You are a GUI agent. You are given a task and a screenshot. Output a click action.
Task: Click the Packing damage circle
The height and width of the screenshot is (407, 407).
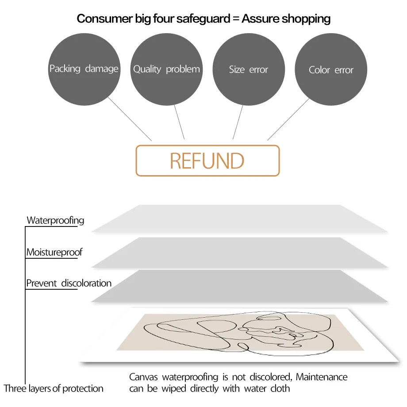84,69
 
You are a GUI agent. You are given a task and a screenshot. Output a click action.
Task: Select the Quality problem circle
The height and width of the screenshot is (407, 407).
166,69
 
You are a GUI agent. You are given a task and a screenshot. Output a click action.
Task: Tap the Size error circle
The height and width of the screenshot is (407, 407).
249,69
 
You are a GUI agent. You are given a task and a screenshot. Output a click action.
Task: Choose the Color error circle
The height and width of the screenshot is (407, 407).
331,70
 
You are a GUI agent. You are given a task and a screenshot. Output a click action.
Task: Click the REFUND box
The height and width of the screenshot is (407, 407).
207,161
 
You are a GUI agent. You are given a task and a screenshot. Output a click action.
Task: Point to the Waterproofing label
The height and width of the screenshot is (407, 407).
55,220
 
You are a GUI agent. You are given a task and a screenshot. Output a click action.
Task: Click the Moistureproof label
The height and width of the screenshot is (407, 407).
54,253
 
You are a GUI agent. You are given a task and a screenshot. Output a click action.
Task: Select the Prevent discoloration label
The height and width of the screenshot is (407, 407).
69,283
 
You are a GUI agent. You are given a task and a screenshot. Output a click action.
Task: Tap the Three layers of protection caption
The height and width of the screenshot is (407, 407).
54,388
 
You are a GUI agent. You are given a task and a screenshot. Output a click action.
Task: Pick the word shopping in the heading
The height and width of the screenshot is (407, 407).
306,19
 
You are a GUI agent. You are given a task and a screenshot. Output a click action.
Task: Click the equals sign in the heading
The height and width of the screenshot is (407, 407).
236,19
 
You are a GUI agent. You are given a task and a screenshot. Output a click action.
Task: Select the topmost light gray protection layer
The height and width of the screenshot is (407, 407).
239,219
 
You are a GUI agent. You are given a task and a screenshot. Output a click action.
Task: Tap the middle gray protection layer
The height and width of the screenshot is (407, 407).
239,252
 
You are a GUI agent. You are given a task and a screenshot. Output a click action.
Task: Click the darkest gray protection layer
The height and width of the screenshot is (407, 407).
239,286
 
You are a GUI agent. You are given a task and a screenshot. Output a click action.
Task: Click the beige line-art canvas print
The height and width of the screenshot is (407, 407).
239,333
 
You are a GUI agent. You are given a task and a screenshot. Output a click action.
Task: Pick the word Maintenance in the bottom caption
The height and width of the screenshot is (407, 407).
322,377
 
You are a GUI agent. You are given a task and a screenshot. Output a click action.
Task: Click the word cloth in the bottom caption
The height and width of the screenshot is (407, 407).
280,388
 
